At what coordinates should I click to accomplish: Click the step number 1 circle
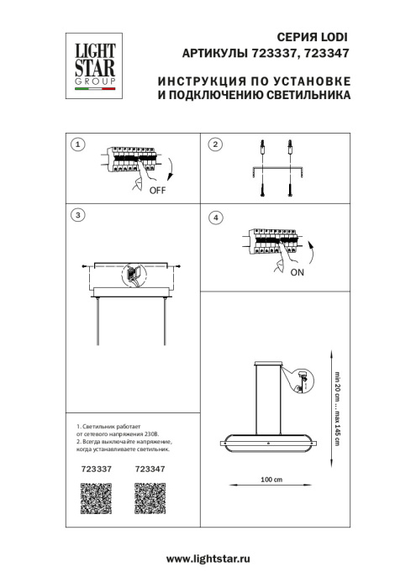(78, 145)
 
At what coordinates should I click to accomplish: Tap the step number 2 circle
(215, 145)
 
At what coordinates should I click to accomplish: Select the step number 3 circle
(78, 216)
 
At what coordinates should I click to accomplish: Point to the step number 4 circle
(215, 218)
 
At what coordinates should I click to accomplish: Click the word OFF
(157, 191)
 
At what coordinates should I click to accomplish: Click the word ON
(298, 274)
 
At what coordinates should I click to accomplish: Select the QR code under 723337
(95, 501)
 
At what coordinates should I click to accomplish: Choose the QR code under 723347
(150, 501)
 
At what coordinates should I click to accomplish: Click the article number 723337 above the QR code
(95, 470)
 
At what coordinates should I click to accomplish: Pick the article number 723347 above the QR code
(150, 470)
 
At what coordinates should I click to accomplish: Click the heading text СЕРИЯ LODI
(310, 38)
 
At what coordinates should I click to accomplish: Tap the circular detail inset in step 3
(133, 275)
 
